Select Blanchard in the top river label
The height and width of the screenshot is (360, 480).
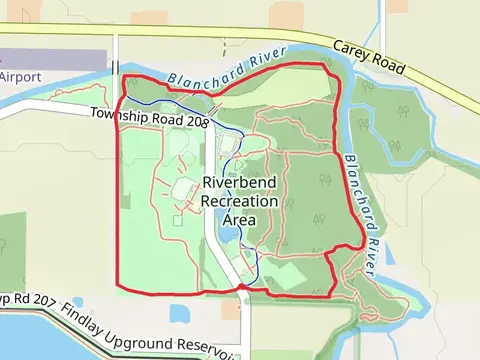point(203,73)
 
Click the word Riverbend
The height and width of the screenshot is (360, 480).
point(240,183)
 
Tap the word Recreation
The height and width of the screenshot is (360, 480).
point(240,201)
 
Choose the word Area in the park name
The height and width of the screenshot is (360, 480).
point(240,219)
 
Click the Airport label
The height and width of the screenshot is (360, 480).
point(20,76)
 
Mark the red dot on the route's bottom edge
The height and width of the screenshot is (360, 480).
point(241,288)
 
